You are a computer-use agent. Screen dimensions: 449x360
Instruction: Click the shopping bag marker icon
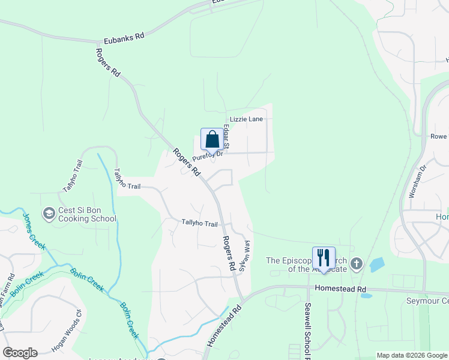(x=211, y=140)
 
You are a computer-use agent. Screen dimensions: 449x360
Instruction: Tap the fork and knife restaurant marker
(x=323, y=258)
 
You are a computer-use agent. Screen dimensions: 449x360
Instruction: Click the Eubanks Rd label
(x=124, y=37)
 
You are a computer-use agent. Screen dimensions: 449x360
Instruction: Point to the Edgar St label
(x=226, y=136)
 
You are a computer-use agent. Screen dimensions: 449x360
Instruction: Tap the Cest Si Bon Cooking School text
(x=87, y=215)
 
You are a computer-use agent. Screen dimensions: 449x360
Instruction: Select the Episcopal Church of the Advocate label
(x=306, y=265)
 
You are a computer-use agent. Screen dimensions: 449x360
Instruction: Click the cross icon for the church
(x=356, y=263)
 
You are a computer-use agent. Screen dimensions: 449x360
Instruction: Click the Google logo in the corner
(x=20, y=352)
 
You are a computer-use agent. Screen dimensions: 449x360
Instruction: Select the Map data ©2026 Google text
(x=411, y=355)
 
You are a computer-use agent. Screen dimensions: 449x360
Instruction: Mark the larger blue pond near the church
(x=377, y=265)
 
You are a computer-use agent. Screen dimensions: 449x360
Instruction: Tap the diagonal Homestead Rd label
(x=224, y=326)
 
